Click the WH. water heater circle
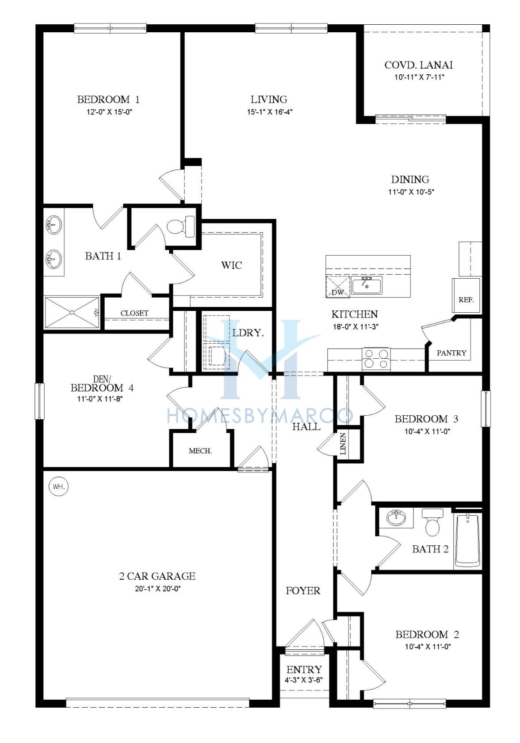[x=59, y=486]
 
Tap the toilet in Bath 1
[x=181, y=226]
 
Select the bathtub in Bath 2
[x=467, y=541]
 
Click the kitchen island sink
[x=367, y=285]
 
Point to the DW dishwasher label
[x=338, y=293]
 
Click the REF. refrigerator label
[x=466, y=300]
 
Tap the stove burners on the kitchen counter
[x=376, y=359]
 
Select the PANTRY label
[x=451, y=353]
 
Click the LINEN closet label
[x=343, y=444]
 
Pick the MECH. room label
[x=200, y=451]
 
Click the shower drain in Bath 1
[x=72, y=312]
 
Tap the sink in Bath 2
[x=396, y=517]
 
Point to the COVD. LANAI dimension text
[x=419, y=77]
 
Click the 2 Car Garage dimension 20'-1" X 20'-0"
[x=158, y=589]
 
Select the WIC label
[x=232, y=265]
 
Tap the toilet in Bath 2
[x=432, y=522]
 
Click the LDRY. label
[x=248, y=333]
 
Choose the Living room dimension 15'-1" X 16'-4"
[x=270, y=112]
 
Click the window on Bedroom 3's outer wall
[x=486, y=409]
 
